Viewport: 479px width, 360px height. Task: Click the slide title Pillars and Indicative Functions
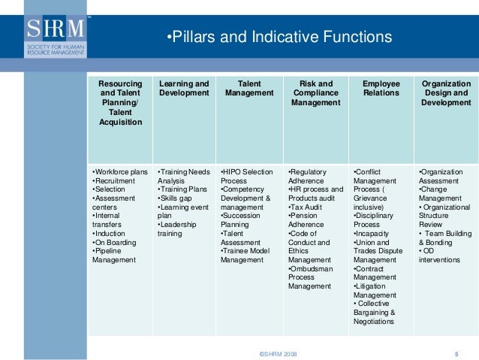tap(278, 36)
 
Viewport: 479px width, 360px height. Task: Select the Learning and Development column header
tap(184, 89)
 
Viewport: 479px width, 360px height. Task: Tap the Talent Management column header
tap(249, 89)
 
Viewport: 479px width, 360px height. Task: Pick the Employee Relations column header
tap(381, 89)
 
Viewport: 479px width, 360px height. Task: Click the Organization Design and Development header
tap(446, 93)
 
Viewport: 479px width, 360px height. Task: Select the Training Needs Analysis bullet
tap(184, 177)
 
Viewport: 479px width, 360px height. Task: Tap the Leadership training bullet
tap(179, 228)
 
